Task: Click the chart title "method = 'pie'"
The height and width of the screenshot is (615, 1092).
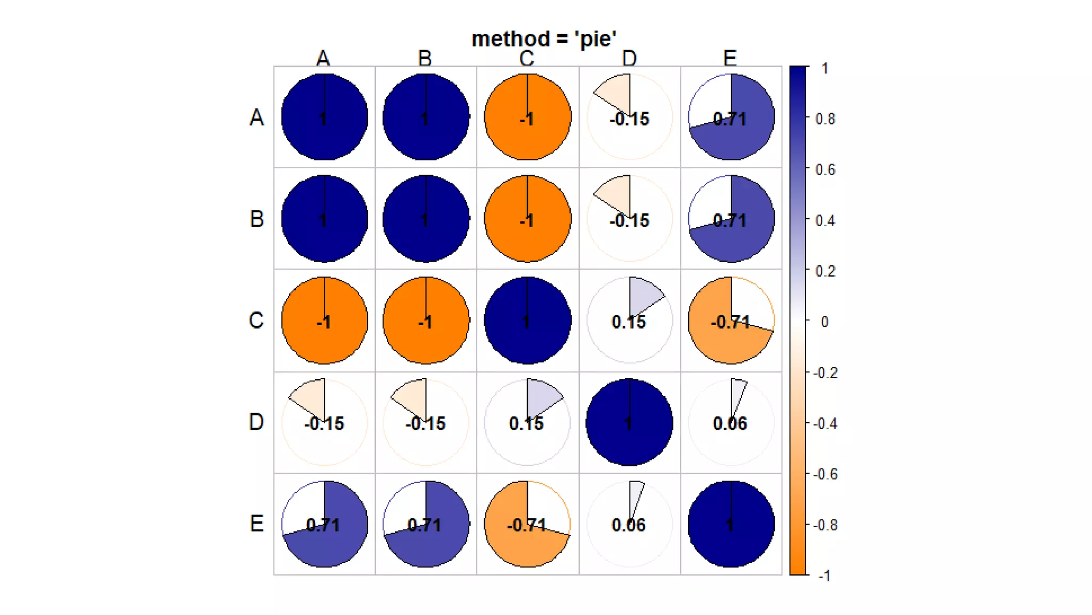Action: (x=544, y=39)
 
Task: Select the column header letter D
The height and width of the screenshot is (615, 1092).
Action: (x=629, y=58)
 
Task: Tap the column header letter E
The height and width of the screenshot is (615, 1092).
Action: (x=730, y=58)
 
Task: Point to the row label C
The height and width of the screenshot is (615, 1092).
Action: (x=256, y=320)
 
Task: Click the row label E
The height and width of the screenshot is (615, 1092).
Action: (x=256, y=524)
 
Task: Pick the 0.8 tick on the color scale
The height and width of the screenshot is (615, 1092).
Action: (x=825, y=119)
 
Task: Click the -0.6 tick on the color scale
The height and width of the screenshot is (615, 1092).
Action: (x=825, y=474)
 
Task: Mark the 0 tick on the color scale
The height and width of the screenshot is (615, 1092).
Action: (x=824, y=322)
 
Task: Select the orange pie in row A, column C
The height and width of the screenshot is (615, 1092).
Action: (x=527, y=117)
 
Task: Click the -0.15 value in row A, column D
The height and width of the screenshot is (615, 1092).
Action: (x=629, y=119)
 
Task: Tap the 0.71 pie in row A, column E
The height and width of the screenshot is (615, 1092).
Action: (x=731, y=117)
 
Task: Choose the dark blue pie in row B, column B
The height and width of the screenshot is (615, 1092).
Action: (x=426, y=219)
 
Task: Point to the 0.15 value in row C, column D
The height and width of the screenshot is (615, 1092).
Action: (x=629, y=322)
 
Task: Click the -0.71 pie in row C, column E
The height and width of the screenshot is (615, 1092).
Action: (x=731, y=320)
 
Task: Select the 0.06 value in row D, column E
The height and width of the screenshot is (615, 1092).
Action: (x=730, y=423)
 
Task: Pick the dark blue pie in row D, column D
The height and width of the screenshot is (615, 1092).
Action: (x=629, y=422)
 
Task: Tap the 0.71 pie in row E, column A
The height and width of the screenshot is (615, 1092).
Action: (x=324, y=524)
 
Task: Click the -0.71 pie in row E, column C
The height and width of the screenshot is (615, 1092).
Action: (x=527, y=524)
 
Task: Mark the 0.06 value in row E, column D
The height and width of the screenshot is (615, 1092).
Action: (x=629, y=525)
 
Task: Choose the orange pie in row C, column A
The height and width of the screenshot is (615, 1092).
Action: (x=324, y=320)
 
